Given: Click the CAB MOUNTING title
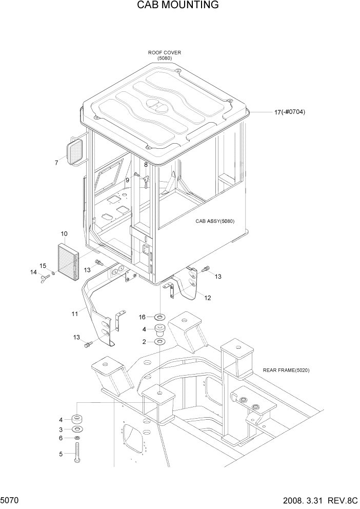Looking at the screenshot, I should tap(178, 6).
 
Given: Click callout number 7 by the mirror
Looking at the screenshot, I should tap(56, 163).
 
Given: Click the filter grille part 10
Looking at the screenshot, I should tap(67, 260).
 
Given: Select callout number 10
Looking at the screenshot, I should tap(64, 234).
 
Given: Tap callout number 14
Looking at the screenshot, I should tap(34, 272).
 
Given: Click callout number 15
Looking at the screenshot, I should tap(44, 265).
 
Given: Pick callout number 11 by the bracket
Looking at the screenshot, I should tap(75, 312).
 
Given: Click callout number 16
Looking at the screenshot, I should tap(143, 317).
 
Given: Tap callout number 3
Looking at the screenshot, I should tap(61, 429).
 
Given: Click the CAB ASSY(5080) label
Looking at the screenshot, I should tap(214, 221).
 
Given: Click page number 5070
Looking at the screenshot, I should tap(10, 499).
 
